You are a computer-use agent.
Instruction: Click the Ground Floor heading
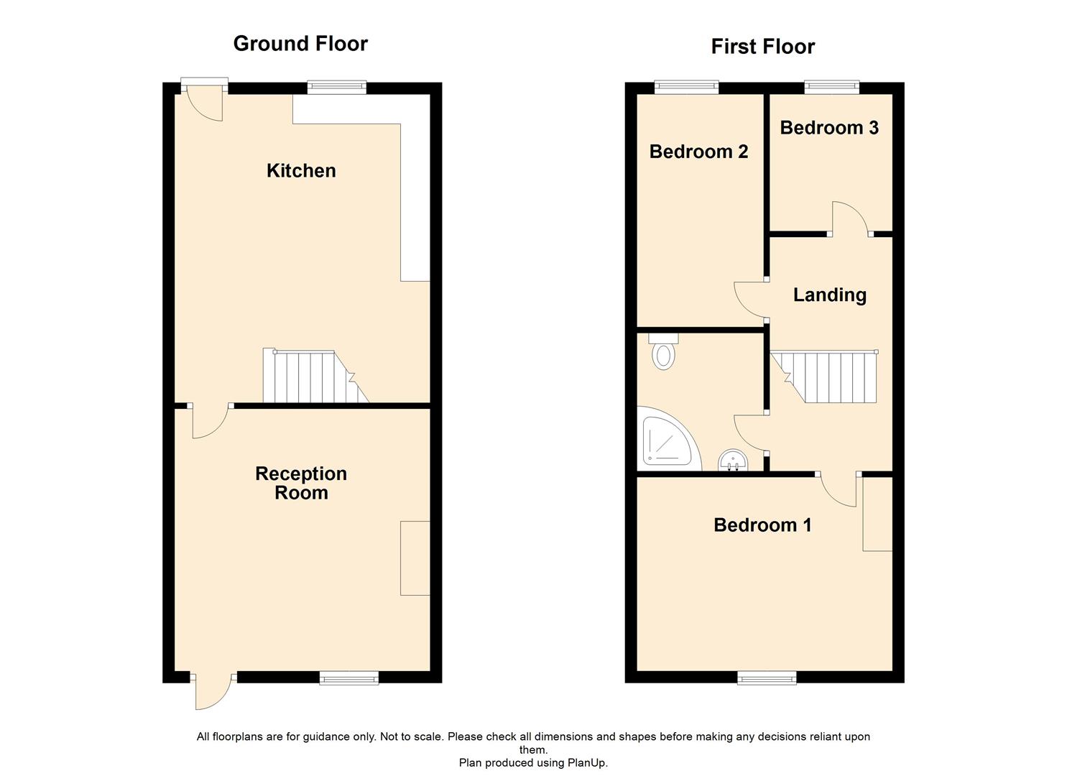click(x=300, y=44)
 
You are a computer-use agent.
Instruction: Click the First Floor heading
click(x=762, y=47)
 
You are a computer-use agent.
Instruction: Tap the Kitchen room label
click(x=301, y=171)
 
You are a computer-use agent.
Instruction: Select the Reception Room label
click(x=301, y=483)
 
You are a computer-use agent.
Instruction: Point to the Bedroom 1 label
click(x=762, y=525)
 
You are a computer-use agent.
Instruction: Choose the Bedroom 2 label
click(x=698, y=152)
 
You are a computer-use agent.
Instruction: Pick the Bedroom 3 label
click(x=829, y=128)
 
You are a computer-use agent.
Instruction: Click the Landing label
click(x=829, y=295)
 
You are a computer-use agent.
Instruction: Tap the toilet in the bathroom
click(x=662, y=352)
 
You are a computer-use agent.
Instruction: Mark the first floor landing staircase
click(x=829, y=377)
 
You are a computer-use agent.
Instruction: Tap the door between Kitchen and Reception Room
click(x=209, y=420)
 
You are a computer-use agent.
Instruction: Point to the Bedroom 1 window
click(x=767, y=677)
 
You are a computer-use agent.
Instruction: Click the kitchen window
click(x=336, y=88)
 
